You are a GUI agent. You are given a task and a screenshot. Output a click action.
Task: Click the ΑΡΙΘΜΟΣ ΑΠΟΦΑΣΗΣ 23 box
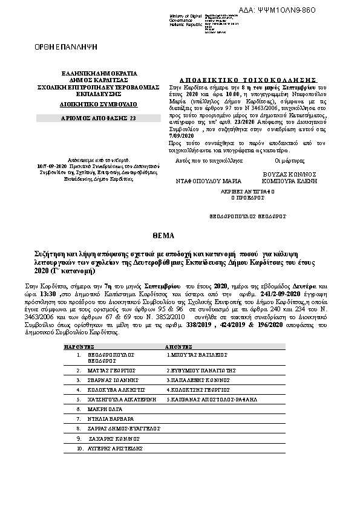(85, 118)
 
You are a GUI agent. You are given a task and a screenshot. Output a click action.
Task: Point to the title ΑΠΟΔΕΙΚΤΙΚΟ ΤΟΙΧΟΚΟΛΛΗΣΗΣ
(248, 79)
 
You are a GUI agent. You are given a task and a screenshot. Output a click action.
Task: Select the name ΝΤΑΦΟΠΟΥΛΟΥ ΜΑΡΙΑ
(205, 181)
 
